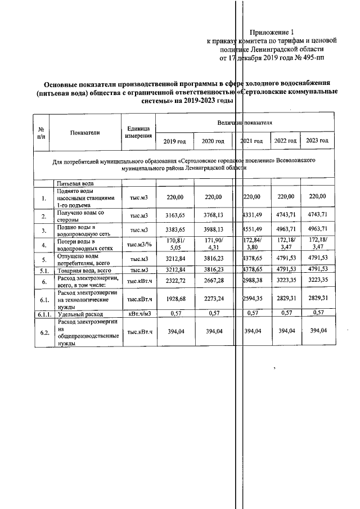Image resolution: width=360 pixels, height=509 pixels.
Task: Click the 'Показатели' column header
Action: [x=85, y=133]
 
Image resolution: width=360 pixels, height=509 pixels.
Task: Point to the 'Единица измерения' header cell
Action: [x=138, y=133]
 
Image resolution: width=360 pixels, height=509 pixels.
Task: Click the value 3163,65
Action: [x=174, y=215]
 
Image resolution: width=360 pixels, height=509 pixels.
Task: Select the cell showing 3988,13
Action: [x=213, y=230]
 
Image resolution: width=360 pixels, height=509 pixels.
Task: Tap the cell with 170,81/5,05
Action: [x=174, y=245]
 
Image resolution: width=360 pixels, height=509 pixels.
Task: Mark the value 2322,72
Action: [x=174, y=280]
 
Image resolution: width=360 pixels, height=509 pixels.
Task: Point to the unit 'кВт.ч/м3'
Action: [x=138, y=313]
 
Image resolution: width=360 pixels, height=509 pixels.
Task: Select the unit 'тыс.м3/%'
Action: [x=138, y=245]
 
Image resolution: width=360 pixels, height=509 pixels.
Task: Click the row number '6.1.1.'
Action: [x=42, y=313]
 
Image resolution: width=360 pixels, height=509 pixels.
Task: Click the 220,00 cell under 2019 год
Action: [x=174, y=197]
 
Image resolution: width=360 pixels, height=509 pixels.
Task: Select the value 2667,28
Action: [x=213, y=280]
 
